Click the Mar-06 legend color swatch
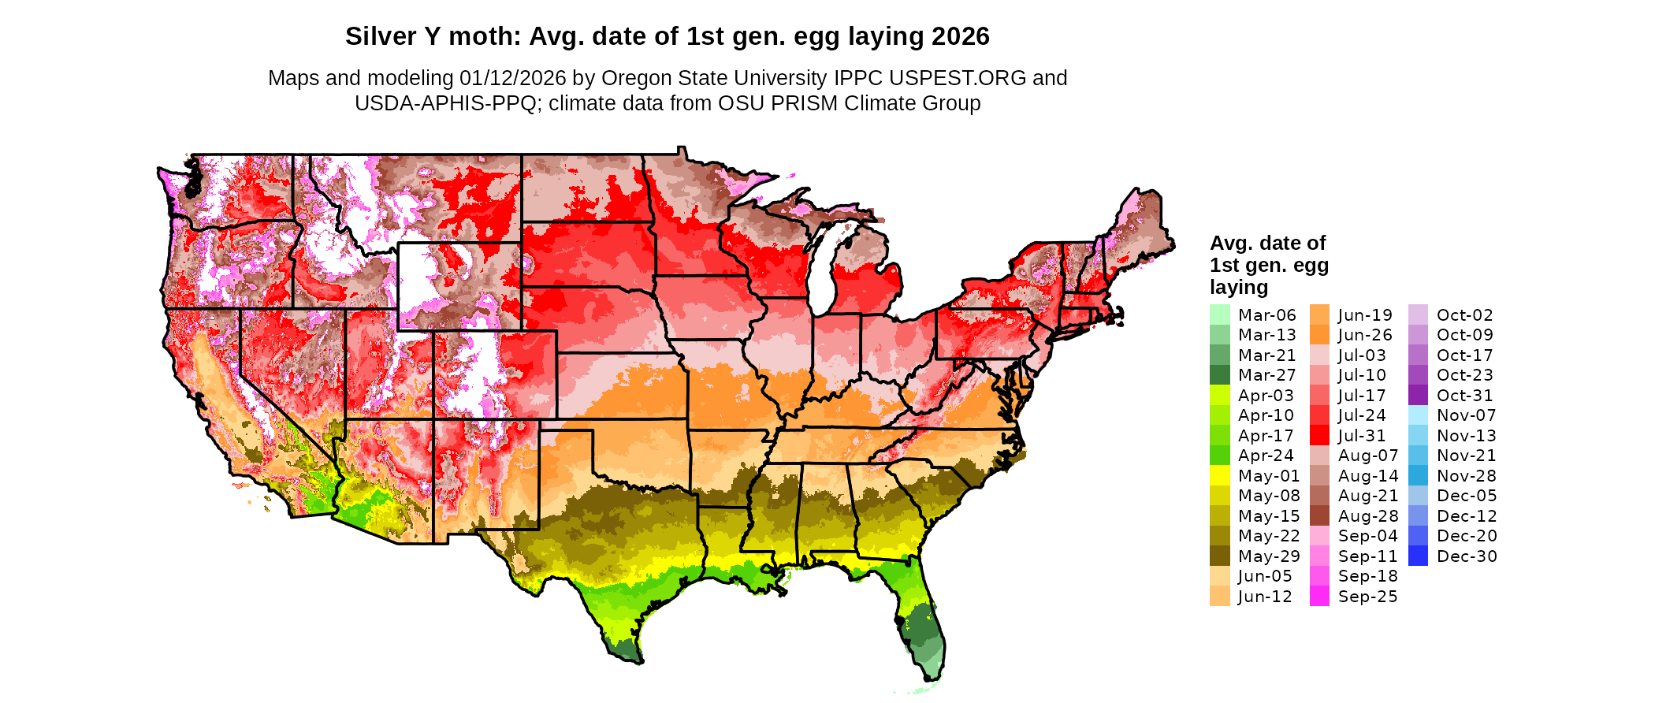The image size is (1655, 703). (x=1219, y=314)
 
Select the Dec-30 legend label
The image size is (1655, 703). (x=1466, y=556)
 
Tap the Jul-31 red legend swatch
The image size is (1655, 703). (x=1319, y=436)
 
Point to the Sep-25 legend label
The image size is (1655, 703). (x=1367, y=597)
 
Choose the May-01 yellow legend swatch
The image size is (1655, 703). (x=1219, y=476)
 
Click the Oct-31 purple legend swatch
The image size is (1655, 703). (x=1418, y=396)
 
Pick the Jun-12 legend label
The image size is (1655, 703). (x=1265, y=597)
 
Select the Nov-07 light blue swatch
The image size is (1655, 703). (x=1418, y=415)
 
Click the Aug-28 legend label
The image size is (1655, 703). (x=1367, y=516)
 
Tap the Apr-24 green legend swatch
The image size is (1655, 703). (x=1219, y=456)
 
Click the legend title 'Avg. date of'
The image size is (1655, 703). (x=1267, y=243)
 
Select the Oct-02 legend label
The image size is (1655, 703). (x=1464, y=315)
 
